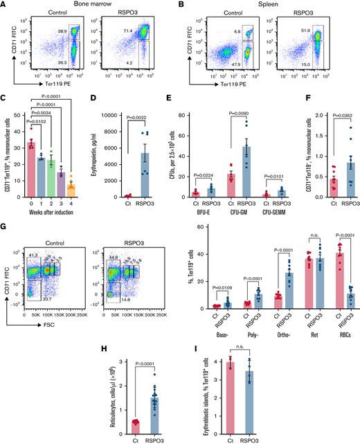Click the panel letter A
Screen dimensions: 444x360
click(x=5, y=5)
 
